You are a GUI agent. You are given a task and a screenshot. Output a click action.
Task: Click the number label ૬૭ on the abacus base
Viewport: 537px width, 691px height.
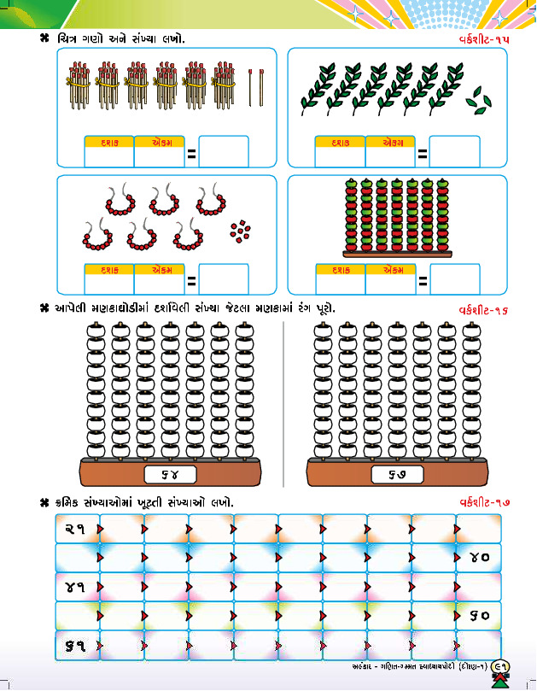(396, 474)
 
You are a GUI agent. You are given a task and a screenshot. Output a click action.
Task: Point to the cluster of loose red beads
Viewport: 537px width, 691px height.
(241, 230)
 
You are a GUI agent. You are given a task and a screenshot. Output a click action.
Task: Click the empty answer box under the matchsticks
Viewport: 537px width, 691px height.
(224, 152)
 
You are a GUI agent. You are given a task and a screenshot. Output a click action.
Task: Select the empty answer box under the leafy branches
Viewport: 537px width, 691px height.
(454, 152)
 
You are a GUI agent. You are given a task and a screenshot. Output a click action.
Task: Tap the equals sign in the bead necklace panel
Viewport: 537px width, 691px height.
(191, 279)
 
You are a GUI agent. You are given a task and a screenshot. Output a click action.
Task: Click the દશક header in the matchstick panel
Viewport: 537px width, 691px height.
(108, 142)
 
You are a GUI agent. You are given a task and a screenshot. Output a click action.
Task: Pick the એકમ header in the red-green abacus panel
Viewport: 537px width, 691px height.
(390, 270)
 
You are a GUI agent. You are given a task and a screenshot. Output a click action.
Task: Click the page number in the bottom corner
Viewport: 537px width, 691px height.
(499, 669)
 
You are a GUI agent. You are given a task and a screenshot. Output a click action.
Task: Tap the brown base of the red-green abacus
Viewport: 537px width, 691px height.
(395, 254)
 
